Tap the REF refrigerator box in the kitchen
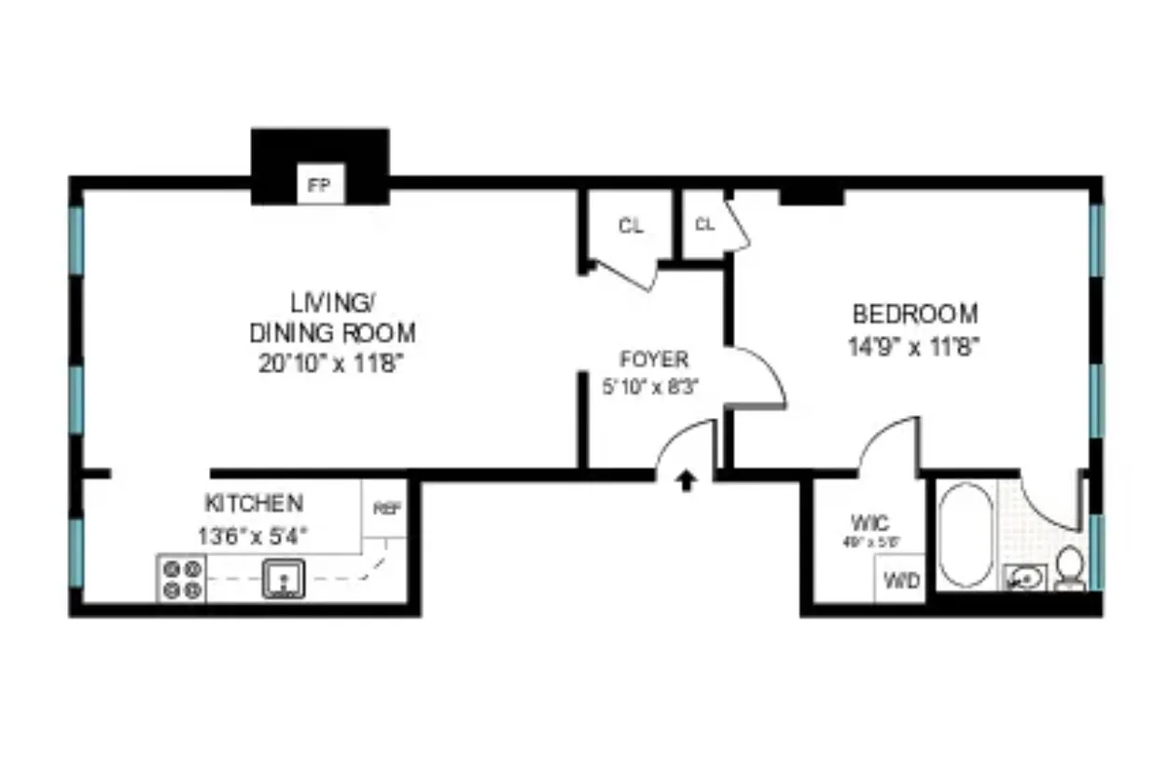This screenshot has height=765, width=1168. point(385,509)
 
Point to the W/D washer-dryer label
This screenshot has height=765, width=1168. point(901,580)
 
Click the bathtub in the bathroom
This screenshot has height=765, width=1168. point(966,535)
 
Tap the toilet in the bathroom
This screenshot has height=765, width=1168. point(1070,568)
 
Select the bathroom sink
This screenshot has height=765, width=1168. point(1024,579)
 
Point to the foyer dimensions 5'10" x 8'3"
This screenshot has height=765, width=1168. point(651,383)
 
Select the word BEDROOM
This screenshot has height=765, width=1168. point(914,313)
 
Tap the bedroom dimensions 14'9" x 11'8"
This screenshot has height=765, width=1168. point(914,347)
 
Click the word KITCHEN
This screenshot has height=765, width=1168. point(254,504)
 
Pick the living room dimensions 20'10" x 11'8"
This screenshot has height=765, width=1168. point(332,364)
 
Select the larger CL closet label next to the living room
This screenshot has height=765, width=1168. point(631,226)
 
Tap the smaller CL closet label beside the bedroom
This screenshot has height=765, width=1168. point(704,224)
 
